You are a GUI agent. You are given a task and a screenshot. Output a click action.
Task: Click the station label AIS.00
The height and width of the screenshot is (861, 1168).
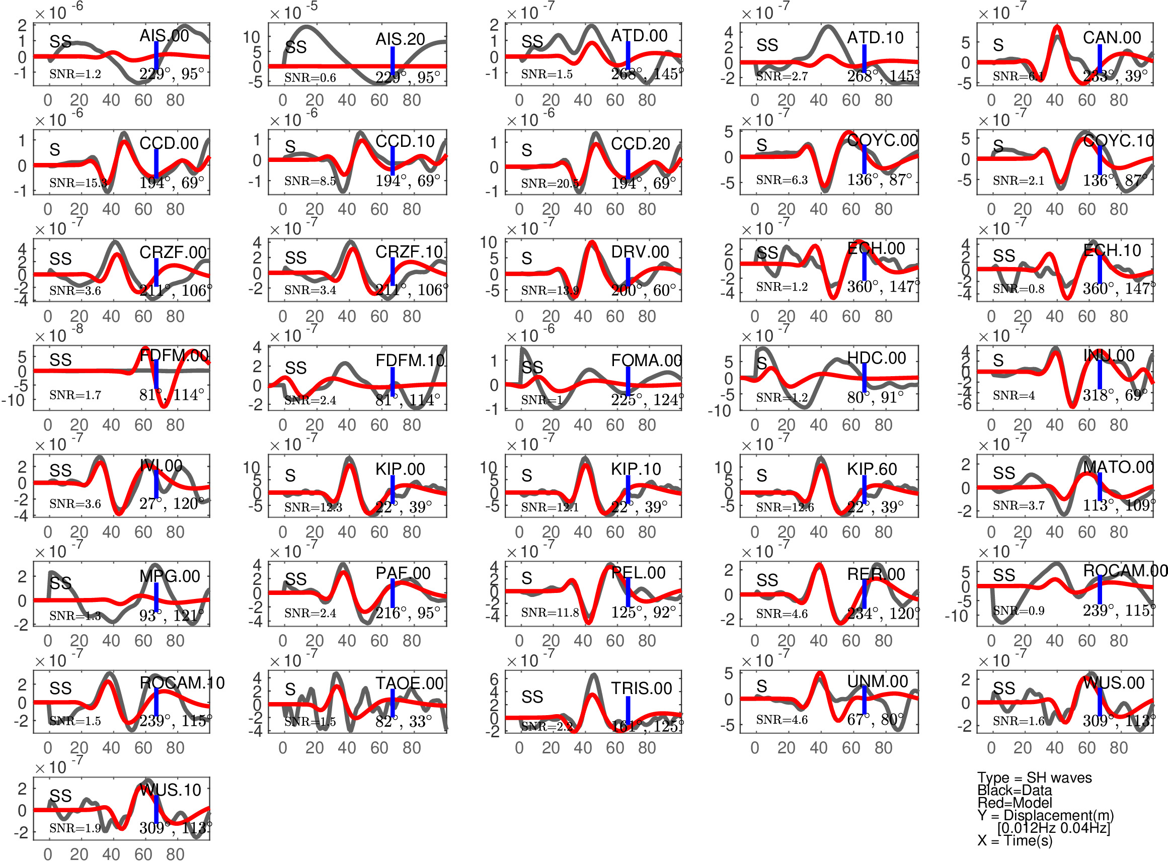pos(164,36)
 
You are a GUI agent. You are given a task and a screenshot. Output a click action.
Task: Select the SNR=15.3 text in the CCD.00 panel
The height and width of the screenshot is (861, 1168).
pos(78,183)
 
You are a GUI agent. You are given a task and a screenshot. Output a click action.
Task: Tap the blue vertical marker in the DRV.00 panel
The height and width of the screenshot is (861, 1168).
pos(628,272)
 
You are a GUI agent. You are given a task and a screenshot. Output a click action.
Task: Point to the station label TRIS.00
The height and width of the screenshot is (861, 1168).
pos(641,688)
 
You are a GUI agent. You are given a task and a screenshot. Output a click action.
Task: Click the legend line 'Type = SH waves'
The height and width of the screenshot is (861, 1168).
pos(1034,778)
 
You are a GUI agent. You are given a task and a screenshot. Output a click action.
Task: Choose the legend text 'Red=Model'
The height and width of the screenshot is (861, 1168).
pos(1014,803)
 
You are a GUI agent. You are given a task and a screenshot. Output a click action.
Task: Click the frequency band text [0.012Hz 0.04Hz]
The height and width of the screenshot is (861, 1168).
pos(1053,828)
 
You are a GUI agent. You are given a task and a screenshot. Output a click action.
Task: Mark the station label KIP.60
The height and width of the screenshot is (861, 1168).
pos(872,469)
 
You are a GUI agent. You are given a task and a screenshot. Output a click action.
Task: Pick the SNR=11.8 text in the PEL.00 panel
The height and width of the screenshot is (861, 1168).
pos(550,613)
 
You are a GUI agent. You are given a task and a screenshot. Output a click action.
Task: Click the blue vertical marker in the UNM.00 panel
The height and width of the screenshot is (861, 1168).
pos(864,700)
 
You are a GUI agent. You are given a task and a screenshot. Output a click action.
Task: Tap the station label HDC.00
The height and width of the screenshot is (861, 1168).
pos(876,358)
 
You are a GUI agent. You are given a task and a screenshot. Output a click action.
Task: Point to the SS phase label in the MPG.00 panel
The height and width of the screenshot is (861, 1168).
pos(60,583)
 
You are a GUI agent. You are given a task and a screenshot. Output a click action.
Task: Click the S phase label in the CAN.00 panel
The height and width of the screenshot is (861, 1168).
pos(998,45)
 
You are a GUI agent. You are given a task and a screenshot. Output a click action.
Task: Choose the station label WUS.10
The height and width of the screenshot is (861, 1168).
pos(171,790)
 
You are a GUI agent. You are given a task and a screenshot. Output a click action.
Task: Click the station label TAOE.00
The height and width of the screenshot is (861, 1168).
pos(409,683)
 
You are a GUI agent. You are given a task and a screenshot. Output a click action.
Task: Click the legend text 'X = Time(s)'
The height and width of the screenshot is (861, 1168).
pos(1015,841)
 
